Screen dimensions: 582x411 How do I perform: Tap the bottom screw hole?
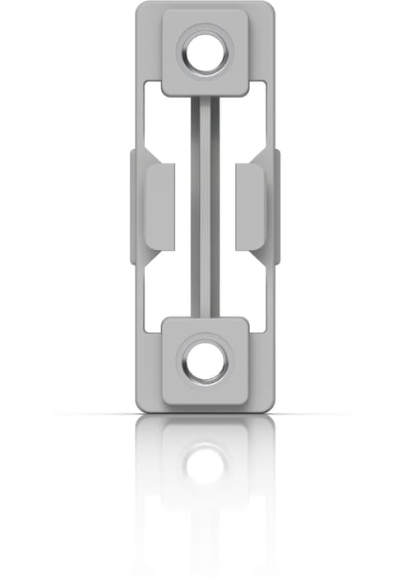pos(205,361)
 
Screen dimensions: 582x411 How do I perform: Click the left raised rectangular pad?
pos(159,206)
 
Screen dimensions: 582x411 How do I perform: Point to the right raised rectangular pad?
pos(250,206)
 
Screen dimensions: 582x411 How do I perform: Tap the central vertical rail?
pos(205,206)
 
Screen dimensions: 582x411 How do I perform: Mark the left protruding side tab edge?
pos(133,206)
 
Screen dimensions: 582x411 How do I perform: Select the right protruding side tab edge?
pos(277,206)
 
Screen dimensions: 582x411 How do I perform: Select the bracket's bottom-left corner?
pos(139,407)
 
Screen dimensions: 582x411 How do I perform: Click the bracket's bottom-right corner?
pos(270,407)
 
